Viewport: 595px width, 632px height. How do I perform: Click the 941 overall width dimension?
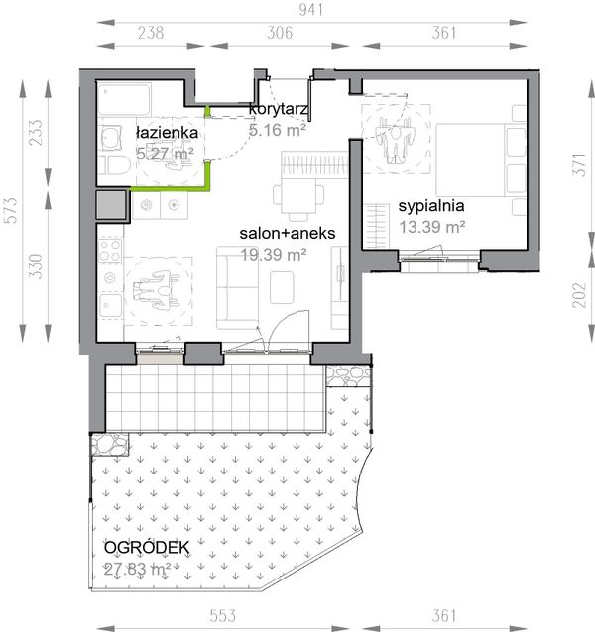(x=311, y=10)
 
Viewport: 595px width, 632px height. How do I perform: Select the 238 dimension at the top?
(x=151, y=33)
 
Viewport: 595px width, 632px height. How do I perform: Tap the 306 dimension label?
(x=280, y=33)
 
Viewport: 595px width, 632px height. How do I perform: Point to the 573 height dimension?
(x=11, y=210)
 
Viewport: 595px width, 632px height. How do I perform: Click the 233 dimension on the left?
(x=36, y=132)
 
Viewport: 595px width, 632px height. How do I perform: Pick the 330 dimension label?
(x=36, y=266)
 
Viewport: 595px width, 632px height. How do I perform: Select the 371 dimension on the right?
(x=579, y=164)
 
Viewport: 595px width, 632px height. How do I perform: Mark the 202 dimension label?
(x=579, y=295)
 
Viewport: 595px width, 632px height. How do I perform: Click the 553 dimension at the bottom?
(x=223, y=615)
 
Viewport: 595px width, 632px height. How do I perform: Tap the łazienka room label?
(x=167, y=132)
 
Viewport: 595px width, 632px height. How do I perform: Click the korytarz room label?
(x=279, y=109)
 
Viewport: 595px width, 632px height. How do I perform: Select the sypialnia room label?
(x=431, y=206)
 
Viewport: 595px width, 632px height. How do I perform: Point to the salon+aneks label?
(x=288, y=233)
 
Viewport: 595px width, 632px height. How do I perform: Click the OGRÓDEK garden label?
(x=147, y=548)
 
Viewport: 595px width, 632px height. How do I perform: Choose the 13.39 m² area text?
(x=432, y=227)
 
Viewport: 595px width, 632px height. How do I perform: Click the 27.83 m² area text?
(x=137, y=569)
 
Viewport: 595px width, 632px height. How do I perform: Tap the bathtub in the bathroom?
(x=125, y=99)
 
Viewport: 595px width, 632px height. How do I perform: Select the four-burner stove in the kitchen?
(x=110, y=251)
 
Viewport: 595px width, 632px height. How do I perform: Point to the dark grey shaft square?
(x=111, y=205)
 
